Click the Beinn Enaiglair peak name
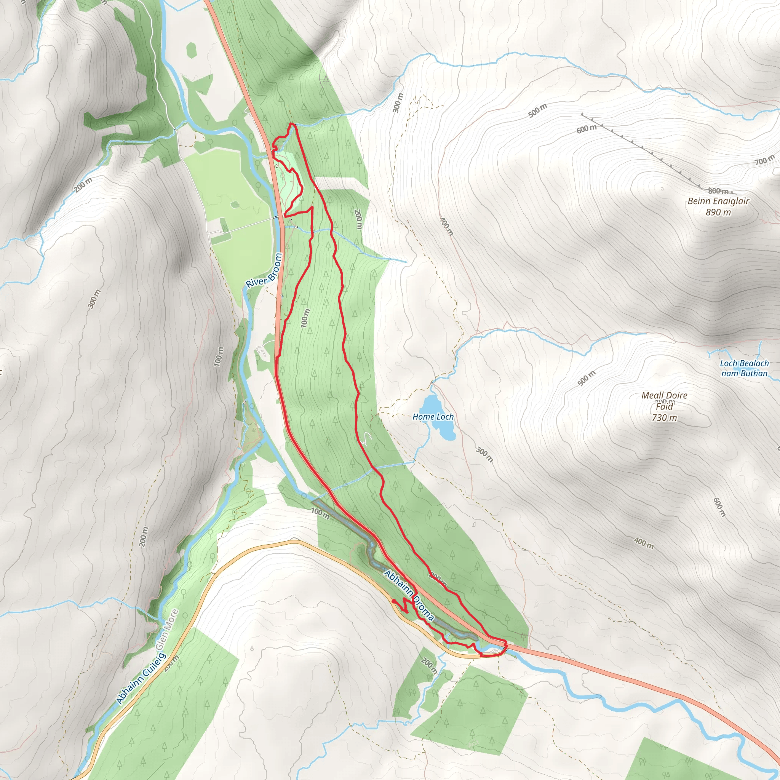[x=718, y=201]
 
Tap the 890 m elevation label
[x=718, y=213]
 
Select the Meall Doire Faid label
[x=665, y=401]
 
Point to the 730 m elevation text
[x=665, y=418]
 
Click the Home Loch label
[x=433, y=417]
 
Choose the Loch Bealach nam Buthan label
[x=745, y=368]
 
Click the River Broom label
[x=264, y=270]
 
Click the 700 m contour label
[x=765, y=160]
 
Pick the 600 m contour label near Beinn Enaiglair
[x=586, y=129]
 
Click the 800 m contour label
[x=718, y=191]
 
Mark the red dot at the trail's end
[x=394, y=601]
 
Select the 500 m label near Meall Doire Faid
[x=586, y=378]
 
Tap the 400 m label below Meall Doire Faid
[x=644, y=543]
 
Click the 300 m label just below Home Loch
[x=484, y=455]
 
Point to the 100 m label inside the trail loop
[x=305, y=318]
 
